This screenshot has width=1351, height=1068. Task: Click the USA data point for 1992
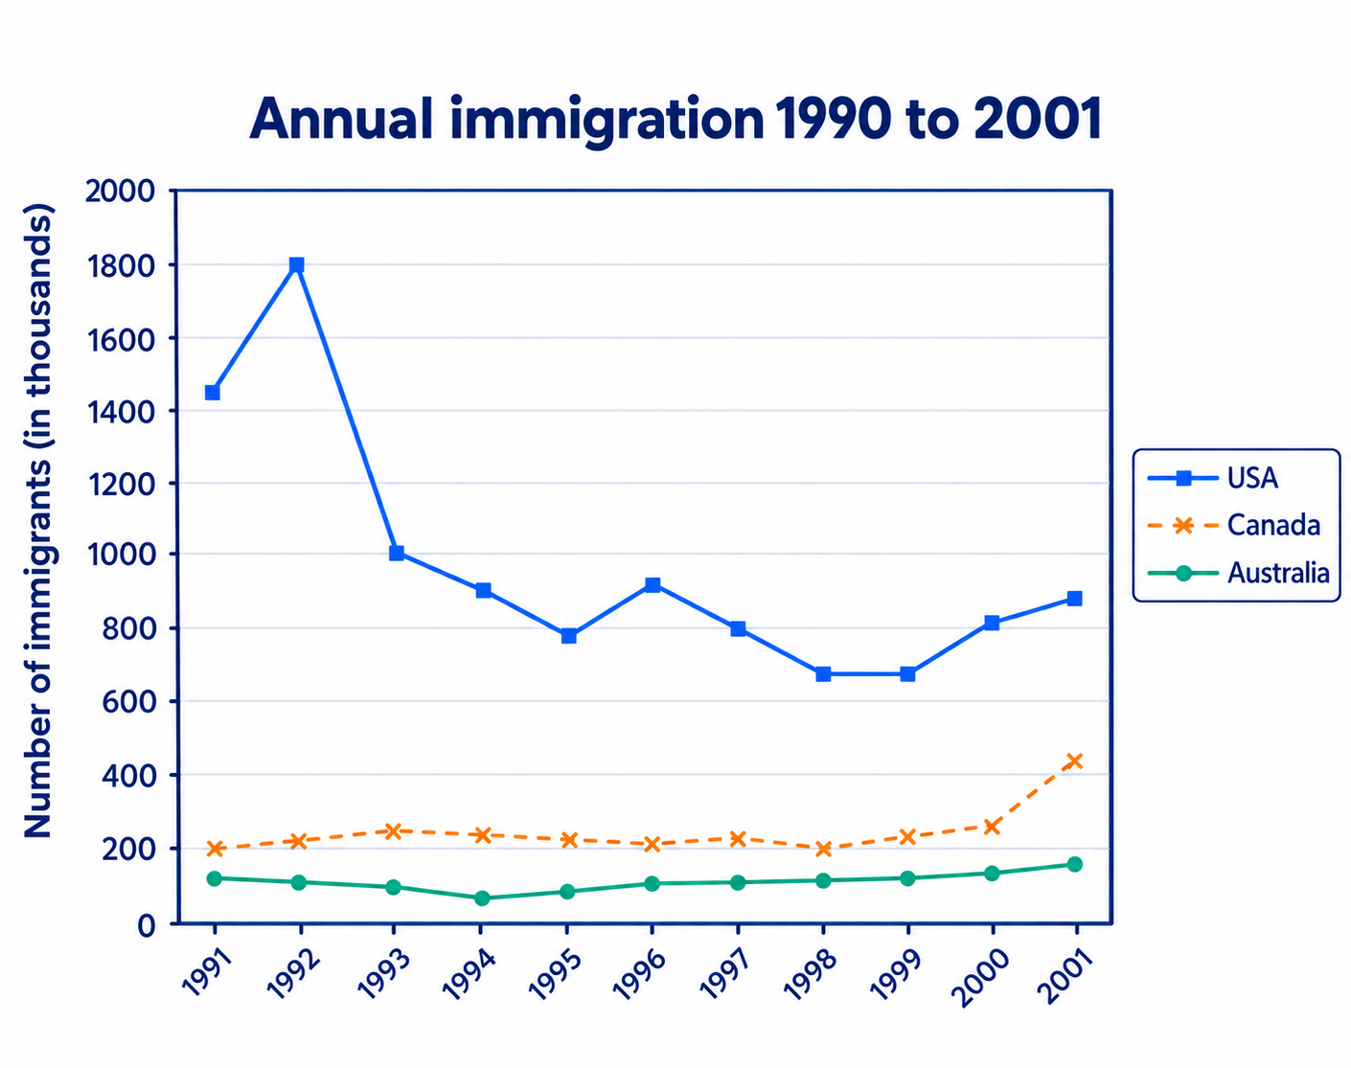click(x=297, y=264)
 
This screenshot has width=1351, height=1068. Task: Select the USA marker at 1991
click(x=213, y=393)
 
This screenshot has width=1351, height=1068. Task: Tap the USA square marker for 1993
click(x=396, y=553)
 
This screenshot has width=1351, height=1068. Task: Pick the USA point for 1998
click(x=823, y=674)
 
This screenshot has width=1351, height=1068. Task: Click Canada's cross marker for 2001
click(x=1074, y=761)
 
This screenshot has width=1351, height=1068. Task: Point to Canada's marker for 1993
click(x=393, y=831)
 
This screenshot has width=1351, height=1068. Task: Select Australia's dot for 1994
click(x=482, y=898)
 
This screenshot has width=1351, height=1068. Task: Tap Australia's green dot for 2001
click(x=1075, y=864)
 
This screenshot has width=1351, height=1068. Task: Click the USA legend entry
click(x=1212, y=478)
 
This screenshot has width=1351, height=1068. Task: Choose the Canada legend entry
click(x=1233, y=525)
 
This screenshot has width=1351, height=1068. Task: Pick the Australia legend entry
click(x=1238, y=573)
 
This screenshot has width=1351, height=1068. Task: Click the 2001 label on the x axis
click(x=1065, y=976)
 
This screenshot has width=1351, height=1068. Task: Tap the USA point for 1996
click(x=653, y=585)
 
